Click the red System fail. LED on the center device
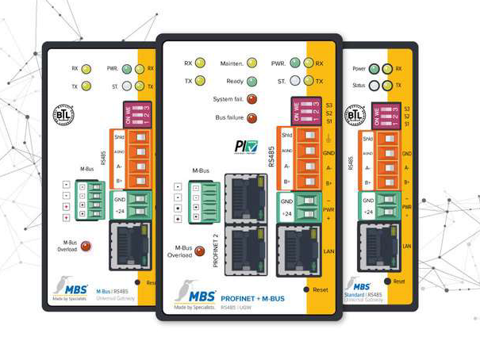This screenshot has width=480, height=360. click(x=252, y=100)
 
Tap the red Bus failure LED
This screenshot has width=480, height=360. click(x=252, y=119)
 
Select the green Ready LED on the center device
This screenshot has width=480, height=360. click(x=252, y=81)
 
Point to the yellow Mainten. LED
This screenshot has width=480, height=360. click(x=252, y=63)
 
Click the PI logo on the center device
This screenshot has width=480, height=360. click(x=245, y=147)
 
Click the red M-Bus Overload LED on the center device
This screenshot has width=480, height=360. click(x=200, y=251)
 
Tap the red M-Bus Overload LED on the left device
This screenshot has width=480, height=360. click(x=86, y=246)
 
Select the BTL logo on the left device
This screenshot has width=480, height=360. click(x=63, y=115)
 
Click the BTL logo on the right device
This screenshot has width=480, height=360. click(x=355, y=116)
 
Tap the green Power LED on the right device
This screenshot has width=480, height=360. click(x=374, y=69)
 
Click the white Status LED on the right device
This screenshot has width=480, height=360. click(x=374, y=85)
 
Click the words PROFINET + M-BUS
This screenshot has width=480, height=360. click(x=253, y=297)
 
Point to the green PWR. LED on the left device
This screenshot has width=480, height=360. click(x=126, y=69)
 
